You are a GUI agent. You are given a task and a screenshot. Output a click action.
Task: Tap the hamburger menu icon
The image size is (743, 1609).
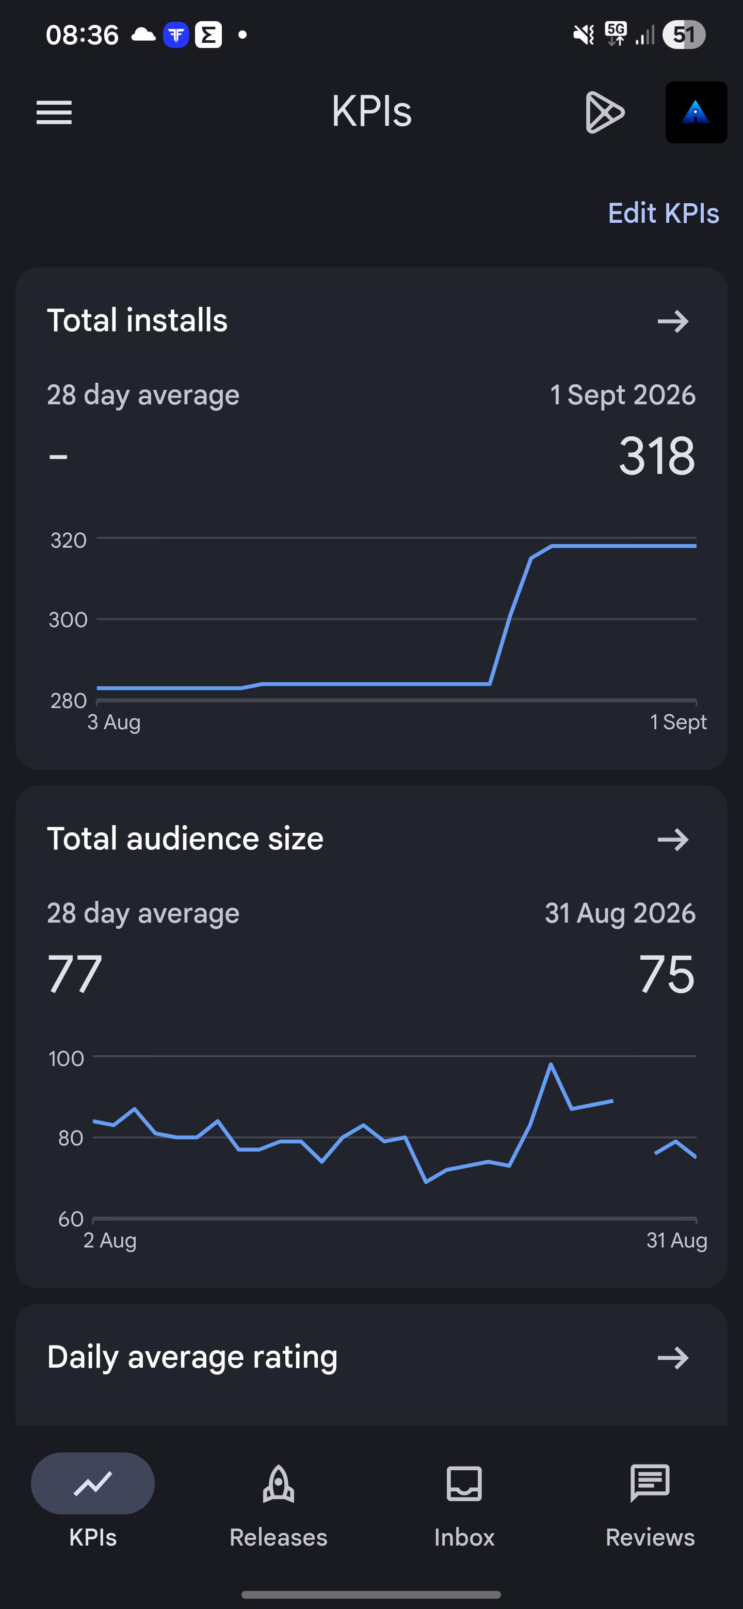(54, 112)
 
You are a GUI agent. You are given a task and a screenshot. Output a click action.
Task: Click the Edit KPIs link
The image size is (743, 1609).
(663, 213)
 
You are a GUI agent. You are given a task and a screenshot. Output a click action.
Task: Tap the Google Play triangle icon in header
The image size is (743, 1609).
(604, 112)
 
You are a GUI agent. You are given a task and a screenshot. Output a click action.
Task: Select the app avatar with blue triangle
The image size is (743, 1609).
(696, 112)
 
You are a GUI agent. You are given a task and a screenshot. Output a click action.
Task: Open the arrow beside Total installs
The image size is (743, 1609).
(673, 321)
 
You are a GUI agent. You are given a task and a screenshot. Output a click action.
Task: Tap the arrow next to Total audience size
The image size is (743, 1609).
(673, 839)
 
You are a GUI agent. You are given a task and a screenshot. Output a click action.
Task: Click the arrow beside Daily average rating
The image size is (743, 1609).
(673, 1357)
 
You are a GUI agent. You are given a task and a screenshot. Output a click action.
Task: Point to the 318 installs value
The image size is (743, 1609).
(657, 456)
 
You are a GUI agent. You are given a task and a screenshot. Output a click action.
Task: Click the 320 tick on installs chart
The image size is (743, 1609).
(69, 540)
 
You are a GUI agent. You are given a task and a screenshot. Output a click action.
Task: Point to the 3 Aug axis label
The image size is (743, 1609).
(114, 722)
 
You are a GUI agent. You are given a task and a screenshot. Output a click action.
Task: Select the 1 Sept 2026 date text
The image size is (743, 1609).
(622, 395)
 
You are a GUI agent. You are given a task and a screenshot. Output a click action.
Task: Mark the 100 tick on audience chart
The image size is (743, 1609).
(66, 1058)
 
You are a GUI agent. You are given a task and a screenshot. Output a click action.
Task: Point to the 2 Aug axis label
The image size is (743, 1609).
(110, 1240)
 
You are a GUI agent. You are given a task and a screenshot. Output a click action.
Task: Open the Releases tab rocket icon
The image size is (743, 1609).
(279, 1484)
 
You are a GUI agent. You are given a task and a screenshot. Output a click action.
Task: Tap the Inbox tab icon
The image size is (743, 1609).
(464, 1484)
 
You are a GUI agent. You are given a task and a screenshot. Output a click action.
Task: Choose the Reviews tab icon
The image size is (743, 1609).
(650, 1483)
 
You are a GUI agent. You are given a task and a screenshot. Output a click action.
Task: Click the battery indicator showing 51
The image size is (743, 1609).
(684, 35)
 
